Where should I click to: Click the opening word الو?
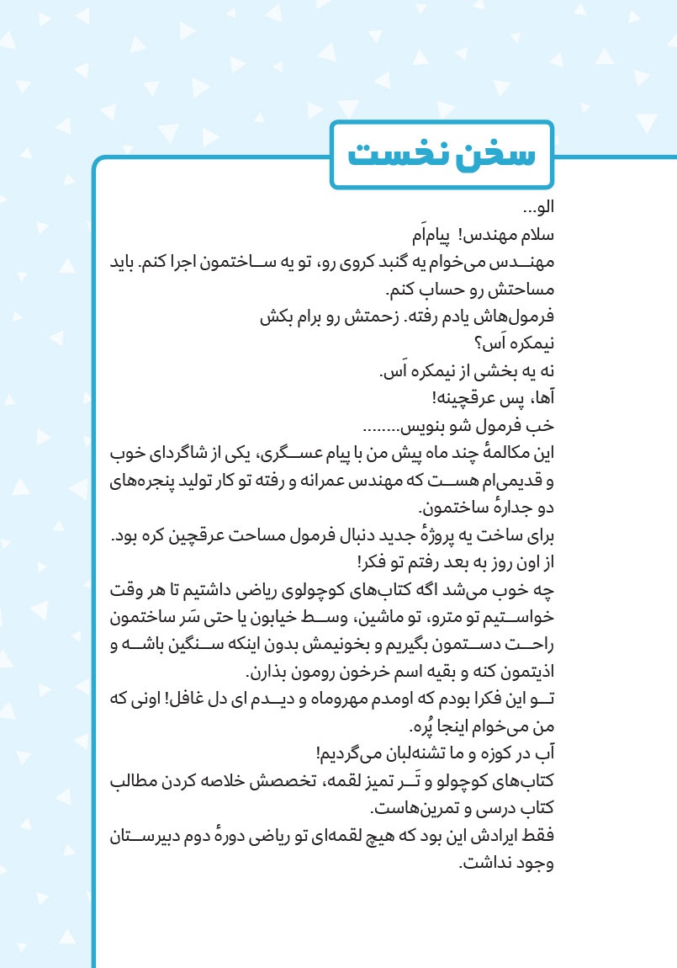coord(539,208)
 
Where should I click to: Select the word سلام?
coord(538,233)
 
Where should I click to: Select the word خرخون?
coord(343,673)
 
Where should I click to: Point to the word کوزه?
coord(489,754)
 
